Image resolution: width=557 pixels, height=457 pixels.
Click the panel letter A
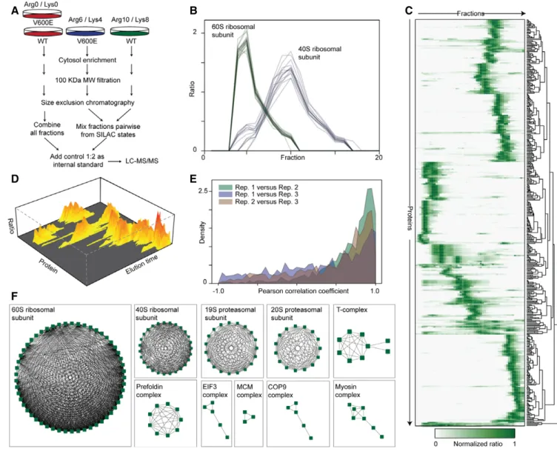click(x=15, y=11)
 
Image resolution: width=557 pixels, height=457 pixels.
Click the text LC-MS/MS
click(x=142, y=161)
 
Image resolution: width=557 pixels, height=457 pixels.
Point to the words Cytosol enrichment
click(x=87, y=60)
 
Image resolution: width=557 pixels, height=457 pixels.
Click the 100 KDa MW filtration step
click(x=87, y=80)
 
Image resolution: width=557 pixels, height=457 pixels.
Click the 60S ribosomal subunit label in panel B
click(x=233, y=30)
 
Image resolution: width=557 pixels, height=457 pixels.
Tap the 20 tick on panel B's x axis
click(x=378, y=157)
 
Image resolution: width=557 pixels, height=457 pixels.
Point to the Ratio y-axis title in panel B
click(x=192, y=90)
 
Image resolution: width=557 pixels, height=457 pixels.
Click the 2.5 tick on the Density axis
click(x=203, y=191)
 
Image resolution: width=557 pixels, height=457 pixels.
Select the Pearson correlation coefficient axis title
click(x=304, y=291)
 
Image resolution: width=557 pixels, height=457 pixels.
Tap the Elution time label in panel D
click(x=142, y=264)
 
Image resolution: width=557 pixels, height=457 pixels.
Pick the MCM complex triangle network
click(x=248, y=416)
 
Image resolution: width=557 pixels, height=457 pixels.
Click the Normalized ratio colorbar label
click(x=478, y=444)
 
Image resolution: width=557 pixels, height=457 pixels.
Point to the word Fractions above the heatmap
click(x=470, y=13)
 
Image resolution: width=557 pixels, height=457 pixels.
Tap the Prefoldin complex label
click(x=150, y=390)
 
